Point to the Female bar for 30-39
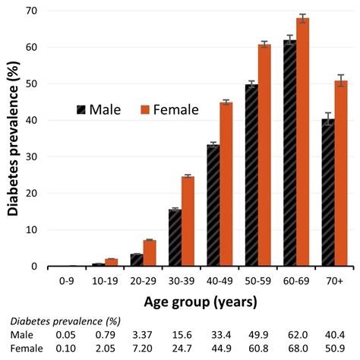pyautogui.click(x=188, y=221)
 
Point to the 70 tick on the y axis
pyautogui.click(x=33, y=11)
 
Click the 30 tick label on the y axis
pyautogui.click(x=33, y=156)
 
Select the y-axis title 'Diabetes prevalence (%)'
pyautogui.click(x=13, y=138)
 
